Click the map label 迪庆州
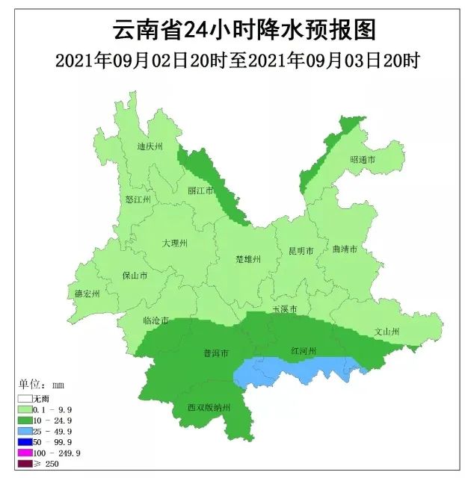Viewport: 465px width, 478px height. (150, 146)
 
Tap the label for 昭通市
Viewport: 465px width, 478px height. (362, 161)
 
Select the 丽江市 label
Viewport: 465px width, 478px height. (200, 190)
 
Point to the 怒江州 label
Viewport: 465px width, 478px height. (138, 200)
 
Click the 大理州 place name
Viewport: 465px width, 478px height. (175, 243)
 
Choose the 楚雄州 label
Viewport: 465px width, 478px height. (247, 259)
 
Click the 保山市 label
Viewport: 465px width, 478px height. (135, 276)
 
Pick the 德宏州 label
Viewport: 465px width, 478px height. (87, 294)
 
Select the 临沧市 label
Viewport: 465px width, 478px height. (155, 320)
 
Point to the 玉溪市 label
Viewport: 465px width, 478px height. (284, 309)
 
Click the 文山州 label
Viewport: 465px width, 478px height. (387, 331)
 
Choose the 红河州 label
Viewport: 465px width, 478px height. (304, 350)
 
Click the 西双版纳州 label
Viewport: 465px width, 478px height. (209, 408)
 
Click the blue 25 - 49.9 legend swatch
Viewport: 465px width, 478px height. (26, 432)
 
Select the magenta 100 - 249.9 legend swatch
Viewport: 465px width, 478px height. (26, 453)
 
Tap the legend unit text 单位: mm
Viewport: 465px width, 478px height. (41, 385)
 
